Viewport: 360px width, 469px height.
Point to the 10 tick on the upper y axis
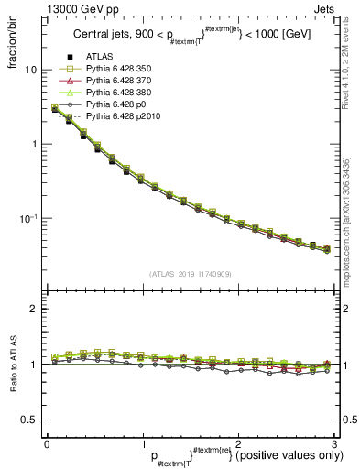31,70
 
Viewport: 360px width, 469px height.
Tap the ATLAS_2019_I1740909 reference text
189,273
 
